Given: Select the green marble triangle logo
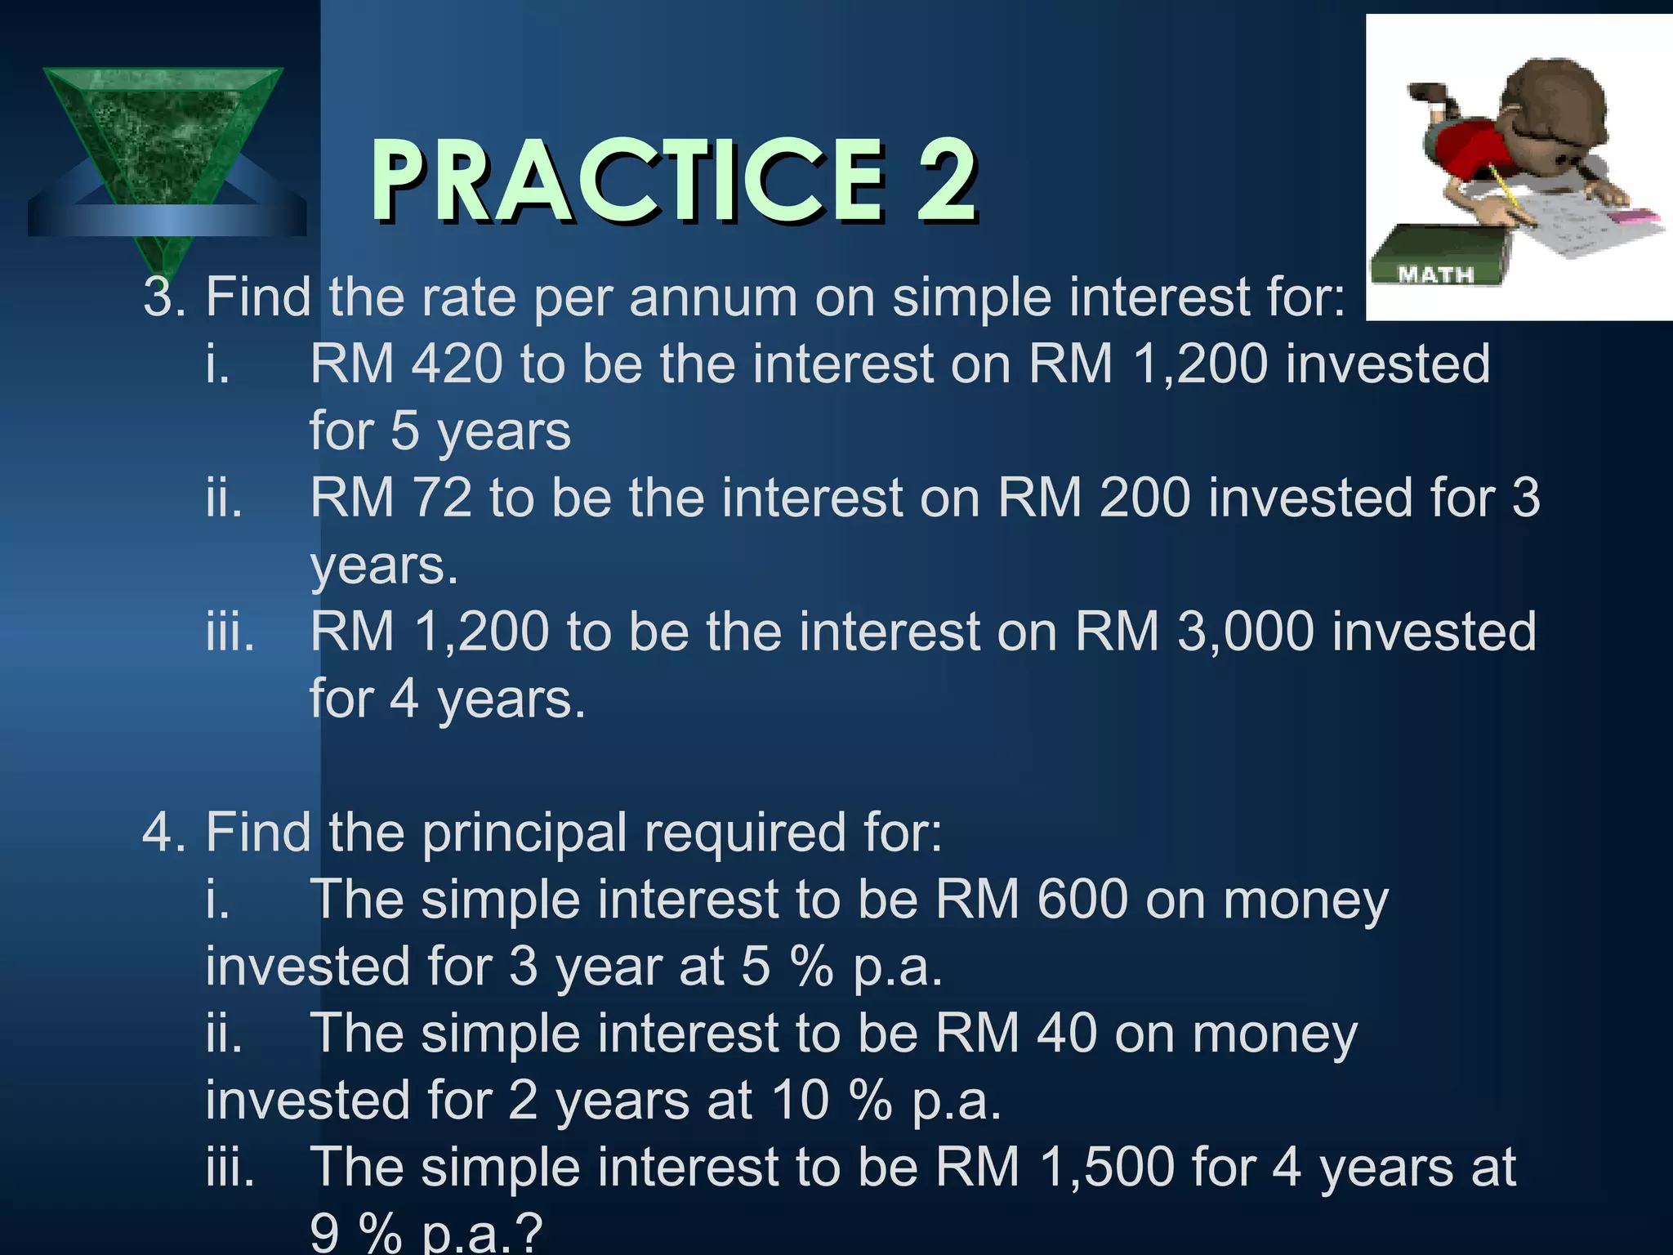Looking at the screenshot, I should click(163, 139).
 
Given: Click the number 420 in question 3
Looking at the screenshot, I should click(457, 364).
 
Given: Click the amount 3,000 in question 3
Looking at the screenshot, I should click(1245, 632).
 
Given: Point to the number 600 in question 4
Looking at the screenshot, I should click(1082, 900).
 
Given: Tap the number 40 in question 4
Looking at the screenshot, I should click(1066, 1034).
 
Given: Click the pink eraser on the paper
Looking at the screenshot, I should click(1632, 217).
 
